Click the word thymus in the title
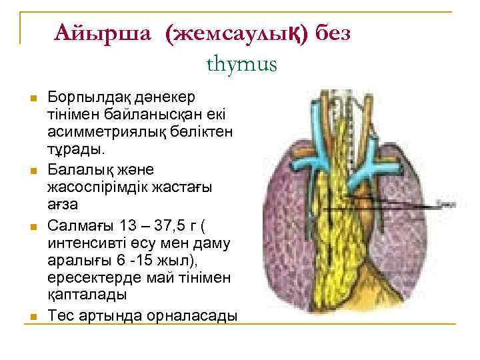point(241,65)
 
